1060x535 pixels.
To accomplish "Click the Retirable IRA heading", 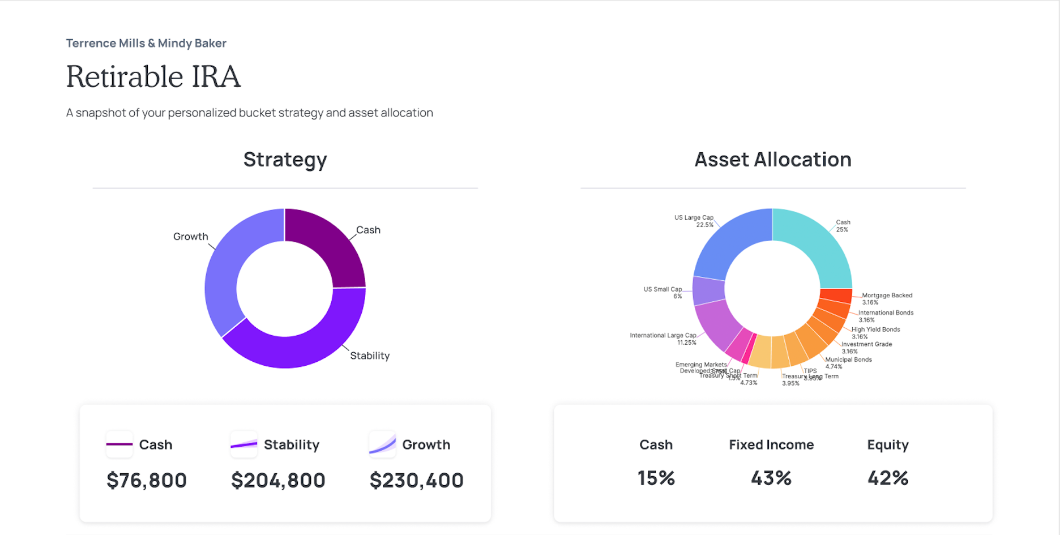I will pyautogui.click(x=153, y=77).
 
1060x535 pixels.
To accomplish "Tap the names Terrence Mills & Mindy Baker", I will pyautogui.click(x=146, y=43).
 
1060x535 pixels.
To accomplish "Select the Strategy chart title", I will pyautogui.click(x=285, y=160).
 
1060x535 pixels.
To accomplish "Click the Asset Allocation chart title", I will pyautogui.click(x=772, y=160).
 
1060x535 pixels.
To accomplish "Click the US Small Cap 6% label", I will pyautogui.click(x=663, y=293).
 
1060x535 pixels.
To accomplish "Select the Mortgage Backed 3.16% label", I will pyautogui.click(x=887, y=299).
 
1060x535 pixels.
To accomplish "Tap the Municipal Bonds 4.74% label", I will pyautogui.click(x=848, y=363).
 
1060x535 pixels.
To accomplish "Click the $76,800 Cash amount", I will pyautogui.click(x=147, y=481).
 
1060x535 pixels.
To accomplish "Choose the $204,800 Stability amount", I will pyautogui.click(x=278, y=481).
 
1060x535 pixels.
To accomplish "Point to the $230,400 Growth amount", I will pyautogui.click(x=416, y=481).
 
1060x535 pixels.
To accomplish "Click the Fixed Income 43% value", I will pyautogui.click(x=771, y=478).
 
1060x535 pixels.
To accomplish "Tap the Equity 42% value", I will pyautogui.click(x=887, y=478).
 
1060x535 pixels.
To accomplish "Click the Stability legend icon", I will pyautogui.click(x=244, y=444).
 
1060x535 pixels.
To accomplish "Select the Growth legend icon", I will pyautogui.click(x=382, y=444).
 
